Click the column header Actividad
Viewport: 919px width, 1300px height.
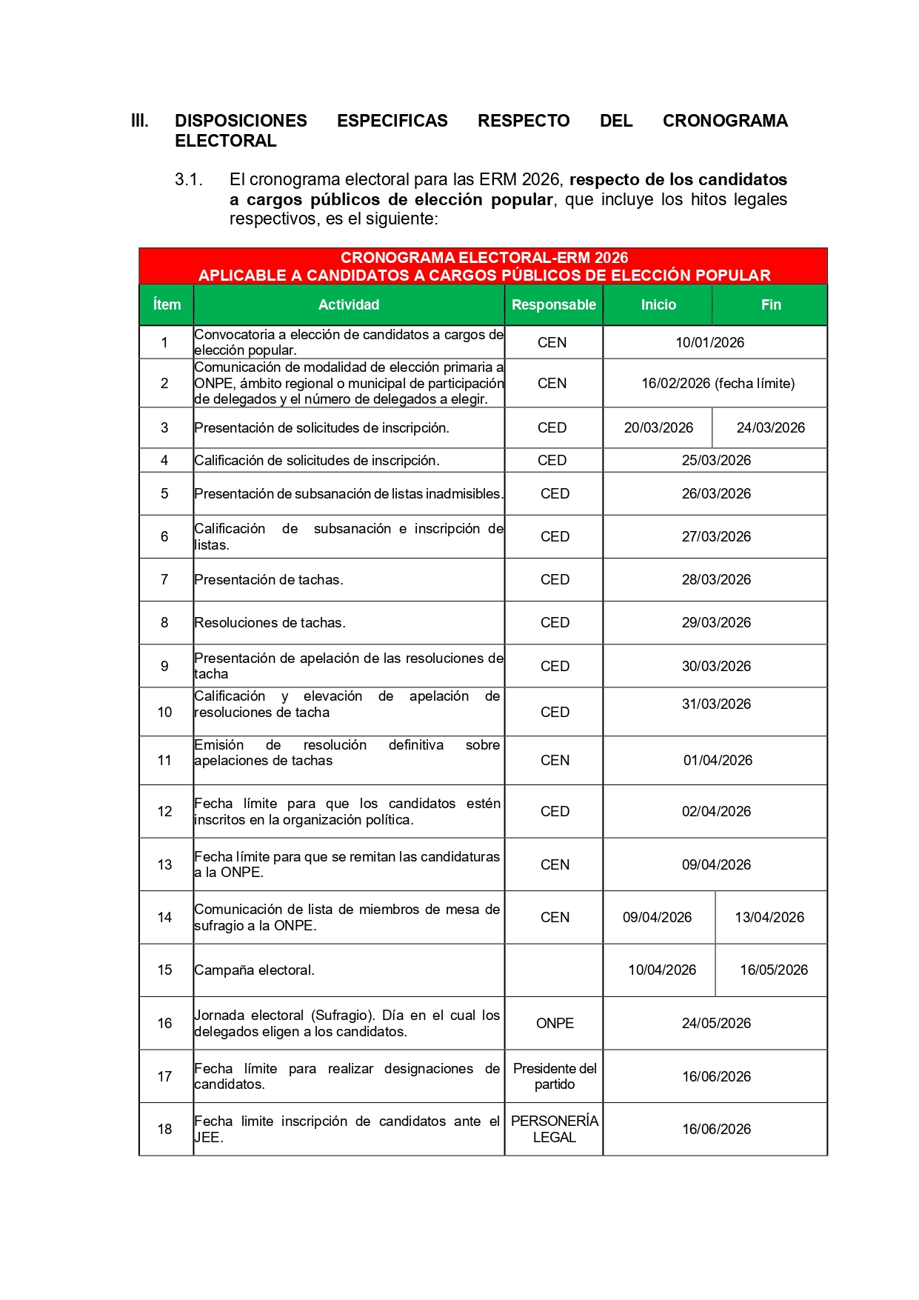(x=348, y=304)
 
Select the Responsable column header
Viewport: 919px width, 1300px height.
(x=553, y=304)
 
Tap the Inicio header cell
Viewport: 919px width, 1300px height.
(x=658, y=304)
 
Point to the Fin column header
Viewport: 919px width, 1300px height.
(x=771, y=304)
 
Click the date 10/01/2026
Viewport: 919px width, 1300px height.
(x=709, y=342)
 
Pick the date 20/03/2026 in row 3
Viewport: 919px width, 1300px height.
(x=658, y=427)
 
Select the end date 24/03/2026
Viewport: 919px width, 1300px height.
(x=770, y=427)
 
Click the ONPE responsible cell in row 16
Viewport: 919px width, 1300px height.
(x=555, y=1023)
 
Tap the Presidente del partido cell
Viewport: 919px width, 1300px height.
(x=555, y=1076)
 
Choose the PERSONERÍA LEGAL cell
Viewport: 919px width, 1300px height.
(x=555, y=1129)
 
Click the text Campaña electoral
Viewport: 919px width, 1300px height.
(x=254, y=970)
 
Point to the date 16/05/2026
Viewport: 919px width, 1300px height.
(x=773, y=970)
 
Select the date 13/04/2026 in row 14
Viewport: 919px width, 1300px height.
(x=769, y=917)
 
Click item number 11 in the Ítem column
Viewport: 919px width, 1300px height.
(x=164, y=760)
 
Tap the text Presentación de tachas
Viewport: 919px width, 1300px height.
(x=268, y=579)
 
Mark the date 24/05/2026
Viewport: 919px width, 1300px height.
(x=716, y=1023)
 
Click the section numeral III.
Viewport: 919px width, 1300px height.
(x=139, y=121)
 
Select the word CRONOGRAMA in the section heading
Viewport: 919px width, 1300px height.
(x=724, y=121)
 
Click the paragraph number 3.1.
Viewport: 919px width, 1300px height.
(x=188, y=179)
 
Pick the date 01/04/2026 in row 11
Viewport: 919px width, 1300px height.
(x=718, y=760)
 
